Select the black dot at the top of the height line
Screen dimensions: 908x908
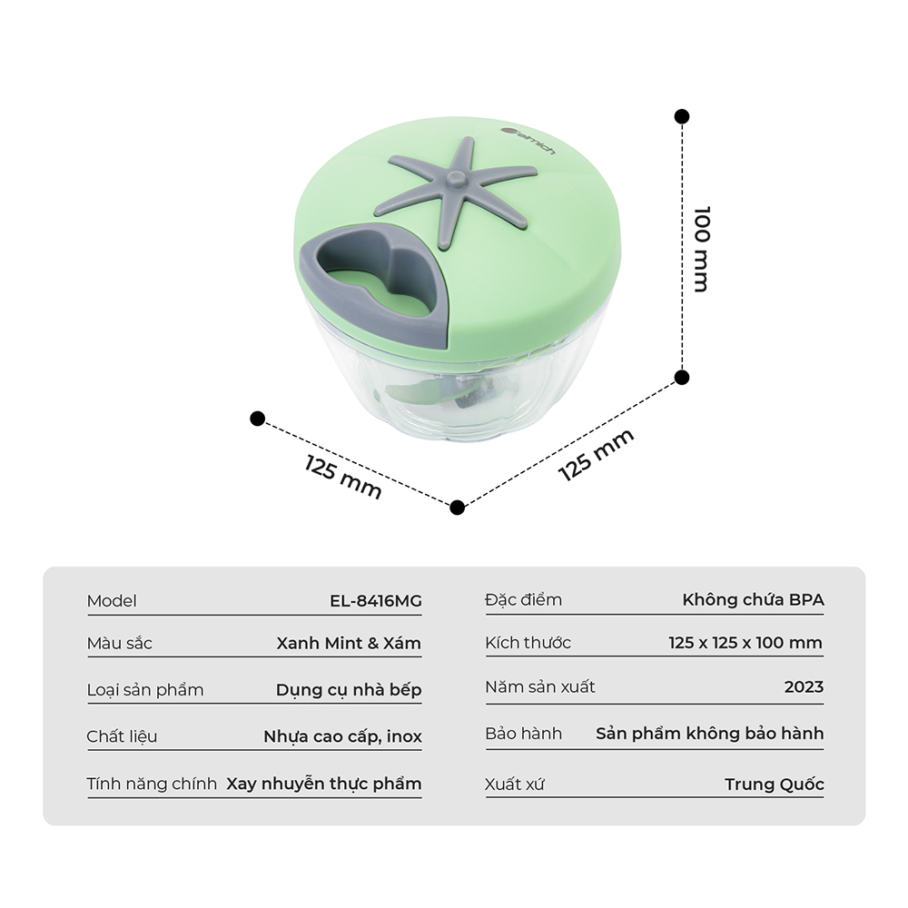click(682, 116)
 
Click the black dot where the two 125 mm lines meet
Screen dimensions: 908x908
click(457, 508)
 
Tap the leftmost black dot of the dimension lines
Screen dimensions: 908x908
click(257, 418)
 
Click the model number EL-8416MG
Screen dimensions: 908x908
click(376, 600)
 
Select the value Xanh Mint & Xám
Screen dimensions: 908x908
click(349, 643)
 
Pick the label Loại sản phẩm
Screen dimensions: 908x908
click(145, 690)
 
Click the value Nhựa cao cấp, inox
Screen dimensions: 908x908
click(343, 736)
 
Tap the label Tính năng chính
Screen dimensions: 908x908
click(152, 784)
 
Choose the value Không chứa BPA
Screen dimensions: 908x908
click(753, 599)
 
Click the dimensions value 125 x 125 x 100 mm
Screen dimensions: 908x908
click(745, 642)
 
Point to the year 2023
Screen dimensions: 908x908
click(804, 686)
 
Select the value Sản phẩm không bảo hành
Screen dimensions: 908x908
click(710, 733)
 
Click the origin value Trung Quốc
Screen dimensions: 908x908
click(775, 785)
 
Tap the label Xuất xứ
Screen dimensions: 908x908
click(515, 785)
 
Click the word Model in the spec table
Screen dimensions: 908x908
click(112, 600)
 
